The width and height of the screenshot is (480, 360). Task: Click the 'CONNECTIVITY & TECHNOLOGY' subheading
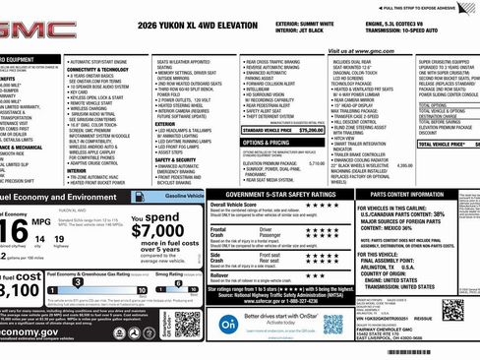click(98, 69)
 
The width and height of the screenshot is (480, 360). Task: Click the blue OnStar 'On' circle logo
click(228, 324)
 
